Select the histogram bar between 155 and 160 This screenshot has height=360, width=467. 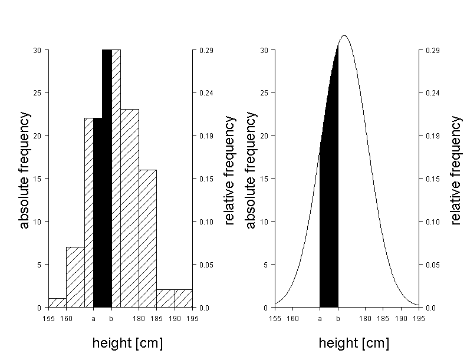(x=57, y=303)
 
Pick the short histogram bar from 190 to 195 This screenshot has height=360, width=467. (x=183, y=299)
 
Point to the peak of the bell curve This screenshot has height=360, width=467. (x=344, y=36)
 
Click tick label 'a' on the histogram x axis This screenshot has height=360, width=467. (x=93, y=319)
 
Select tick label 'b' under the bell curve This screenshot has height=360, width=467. (x=338, y=319)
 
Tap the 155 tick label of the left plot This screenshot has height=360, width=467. (x=48, y=319)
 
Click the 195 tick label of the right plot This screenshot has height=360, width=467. (x=419, y=319)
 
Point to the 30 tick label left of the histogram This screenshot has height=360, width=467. (x=37, y=51)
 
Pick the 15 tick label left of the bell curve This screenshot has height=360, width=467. (x=264, y=179)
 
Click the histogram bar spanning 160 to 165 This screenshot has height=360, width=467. (x=75, y=277)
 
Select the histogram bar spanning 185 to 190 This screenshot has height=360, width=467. (x=166, y=299)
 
